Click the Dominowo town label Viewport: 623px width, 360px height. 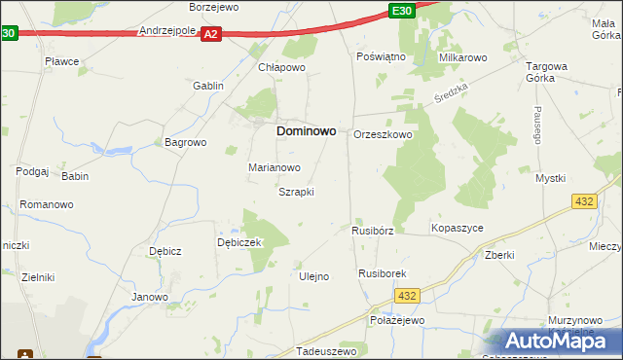click(307, 129)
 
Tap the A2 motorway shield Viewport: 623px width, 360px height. click(211, 34)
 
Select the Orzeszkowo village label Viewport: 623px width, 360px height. click(383, 135)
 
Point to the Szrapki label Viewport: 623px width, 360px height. click(296, 192)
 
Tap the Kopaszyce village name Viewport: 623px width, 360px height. click(457, 228)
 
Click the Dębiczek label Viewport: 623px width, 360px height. click(239, 242)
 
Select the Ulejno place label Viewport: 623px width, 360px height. click(312, 276)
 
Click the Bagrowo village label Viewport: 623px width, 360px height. click(186, 142)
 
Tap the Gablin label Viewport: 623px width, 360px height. click(208, 86)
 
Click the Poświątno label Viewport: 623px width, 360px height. click(381, 57)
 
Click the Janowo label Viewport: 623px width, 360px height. click(151, 297)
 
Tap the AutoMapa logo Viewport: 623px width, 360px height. click(555, 341)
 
